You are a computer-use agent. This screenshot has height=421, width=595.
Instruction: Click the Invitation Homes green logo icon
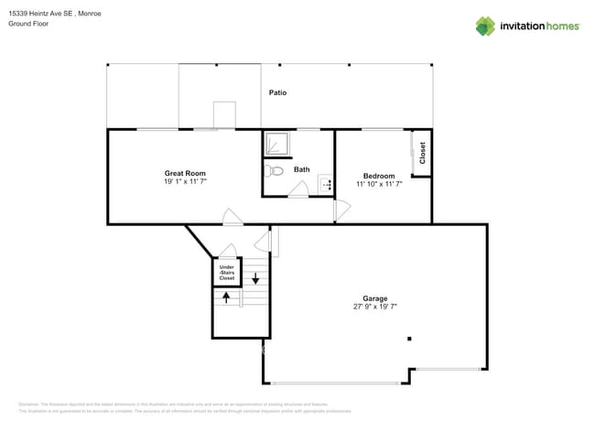[485, 26]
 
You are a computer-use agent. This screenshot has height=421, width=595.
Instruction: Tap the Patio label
[279, 93]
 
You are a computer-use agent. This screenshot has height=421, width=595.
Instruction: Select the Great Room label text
[185, 173]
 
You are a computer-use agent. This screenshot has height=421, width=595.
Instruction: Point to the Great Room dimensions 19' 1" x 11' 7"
[185, 182]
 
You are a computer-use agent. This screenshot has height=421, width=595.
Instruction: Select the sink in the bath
[325, 186]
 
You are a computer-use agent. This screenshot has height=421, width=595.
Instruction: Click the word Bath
[302, 169]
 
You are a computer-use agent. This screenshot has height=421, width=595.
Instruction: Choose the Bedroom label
[379, 176]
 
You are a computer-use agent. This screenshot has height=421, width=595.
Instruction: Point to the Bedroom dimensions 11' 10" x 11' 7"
[379, 184]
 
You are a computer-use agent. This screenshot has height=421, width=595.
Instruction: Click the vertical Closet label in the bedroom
[422, 152]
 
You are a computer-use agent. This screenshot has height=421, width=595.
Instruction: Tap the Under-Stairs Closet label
[226, 272]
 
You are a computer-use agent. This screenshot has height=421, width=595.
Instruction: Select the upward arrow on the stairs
[226, 297]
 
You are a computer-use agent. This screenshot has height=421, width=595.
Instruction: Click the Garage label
[375, 298]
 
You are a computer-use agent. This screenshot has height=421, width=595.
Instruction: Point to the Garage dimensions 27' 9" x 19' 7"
[375, 308]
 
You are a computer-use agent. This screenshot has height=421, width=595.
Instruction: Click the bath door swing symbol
[299, 189]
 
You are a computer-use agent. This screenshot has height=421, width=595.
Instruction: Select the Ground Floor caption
[28, 25]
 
